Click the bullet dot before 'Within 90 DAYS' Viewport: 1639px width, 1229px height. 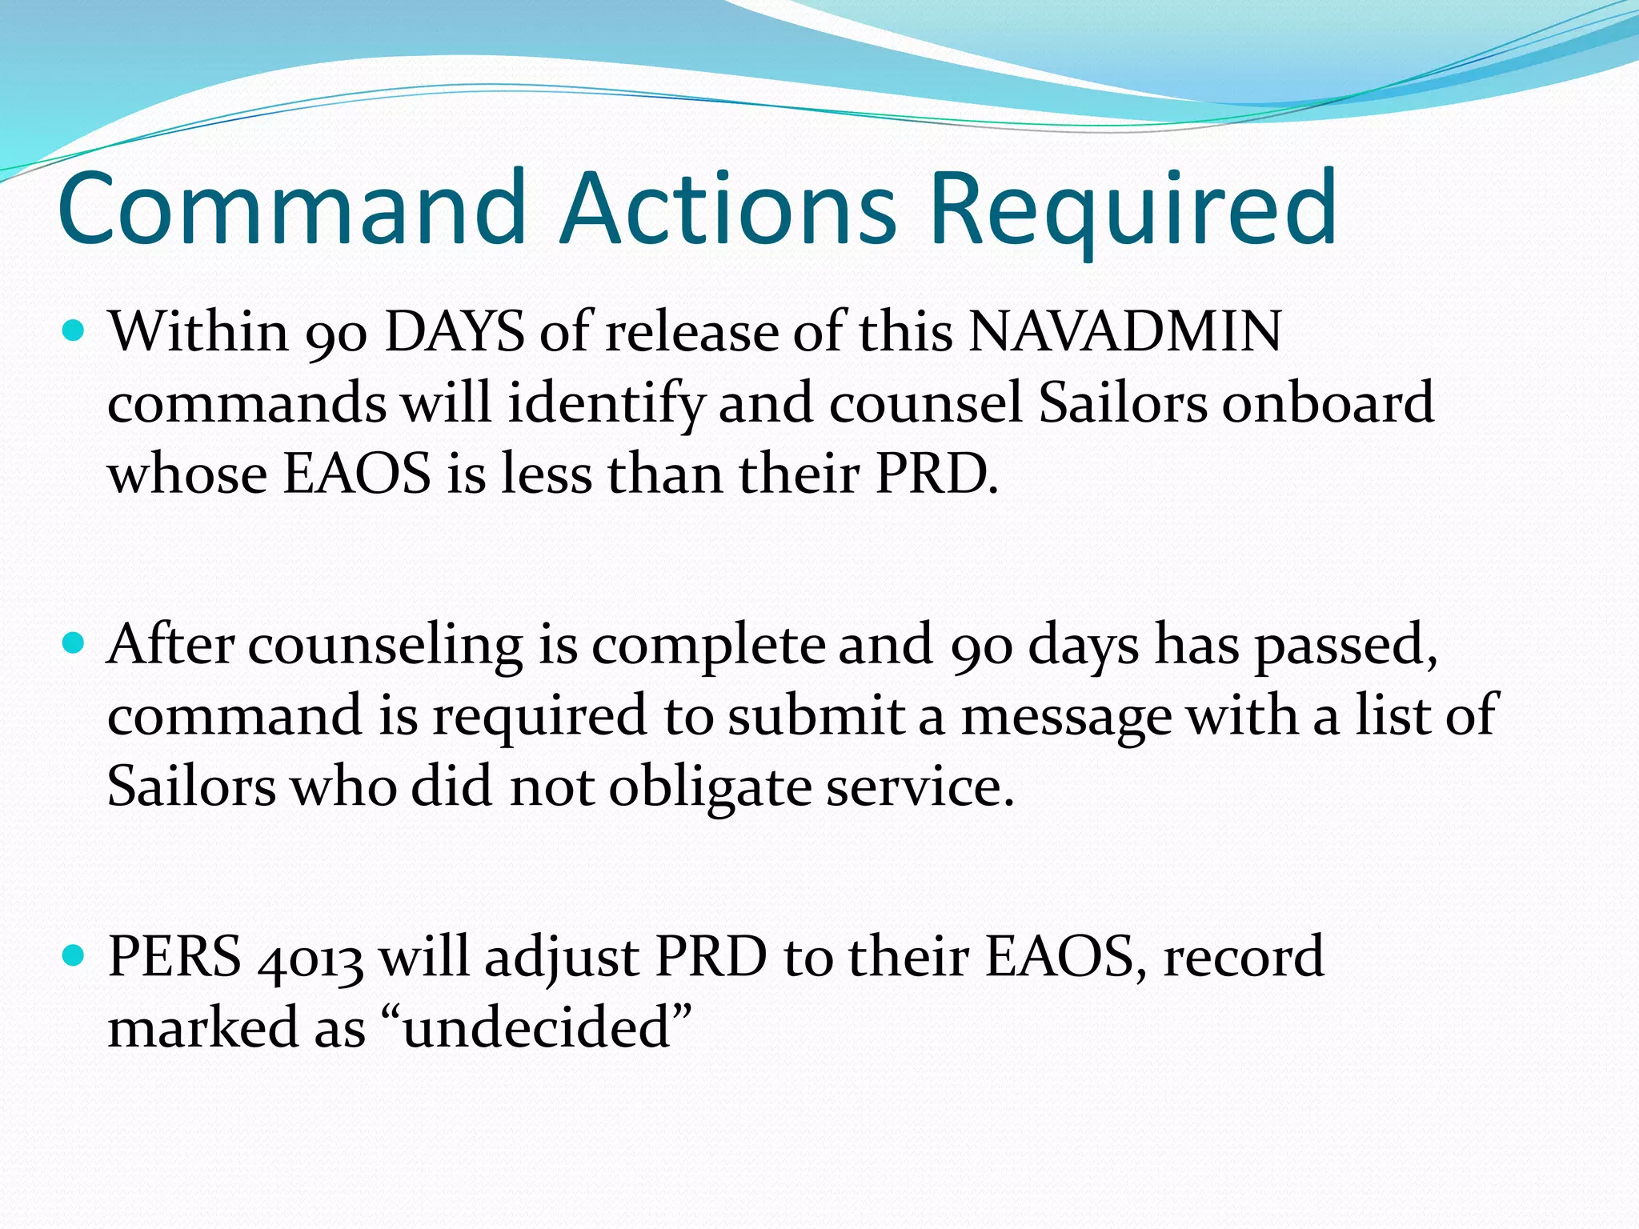(x=73, y=330)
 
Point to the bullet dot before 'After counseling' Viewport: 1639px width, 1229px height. (x=73, y=643)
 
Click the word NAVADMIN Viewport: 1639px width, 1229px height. (x=1124, y=330)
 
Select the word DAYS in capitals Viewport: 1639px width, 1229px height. (x=454, y=330)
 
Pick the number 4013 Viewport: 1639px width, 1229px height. (x=311, y=958)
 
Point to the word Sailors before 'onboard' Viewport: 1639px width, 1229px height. (x=1122, y=402)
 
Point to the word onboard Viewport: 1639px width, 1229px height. (x=1328, y=402)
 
